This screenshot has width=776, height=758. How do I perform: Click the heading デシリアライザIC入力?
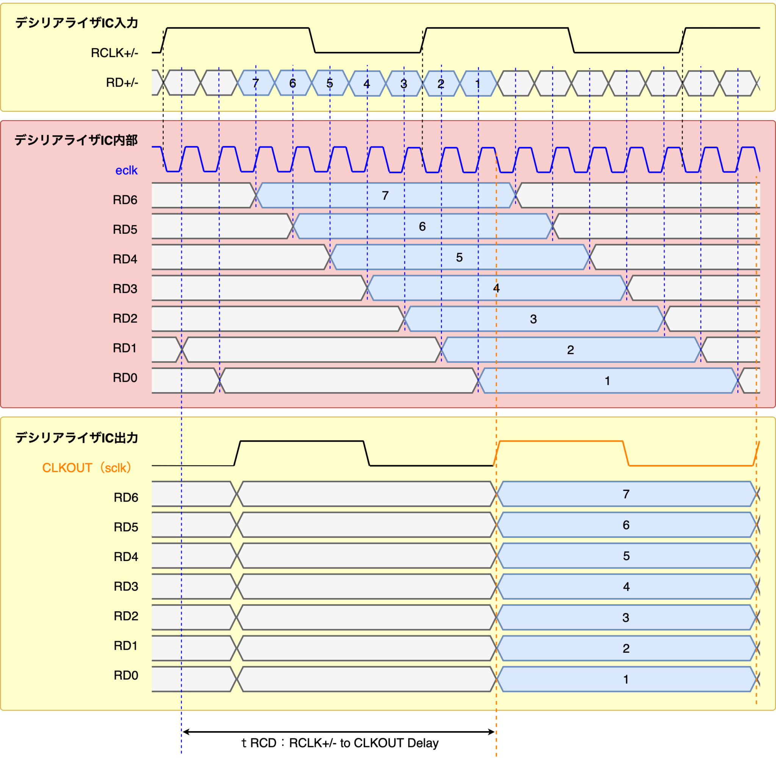pos(77,23)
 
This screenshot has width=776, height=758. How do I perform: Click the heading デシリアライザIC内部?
pos(76,140)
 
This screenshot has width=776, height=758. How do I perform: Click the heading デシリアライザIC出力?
pos(77,438)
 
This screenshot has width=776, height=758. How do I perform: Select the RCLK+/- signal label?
pos(114,53)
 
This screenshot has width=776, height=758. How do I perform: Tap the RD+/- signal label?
pos(122,83)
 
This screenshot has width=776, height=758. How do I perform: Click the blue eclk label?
pos(126,170)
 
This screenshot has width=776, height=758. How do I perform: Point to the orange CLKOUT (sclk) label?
pos(87,467)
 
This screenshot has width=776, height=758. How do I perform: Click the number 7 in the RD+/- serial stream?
pos(256,83)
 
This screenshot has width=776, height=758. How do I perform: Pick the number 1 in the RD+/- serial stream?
pos(478,84)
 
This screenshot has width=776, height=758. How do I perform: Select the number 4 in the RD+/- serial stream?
pos(367,84)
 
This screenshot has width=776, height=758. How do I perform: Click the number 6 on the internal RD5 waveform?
pos(422,227)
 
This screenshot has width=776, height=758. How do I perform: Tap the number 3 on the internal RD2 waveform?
pos(533,319)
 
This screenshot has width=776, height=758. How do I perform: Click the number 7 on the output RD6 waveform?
pos(626,494)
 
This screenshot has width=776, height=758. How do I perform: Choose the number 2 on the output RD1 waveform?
pos(626,648)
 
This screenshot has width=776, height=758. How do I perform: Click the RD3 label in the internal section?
pos(125,289)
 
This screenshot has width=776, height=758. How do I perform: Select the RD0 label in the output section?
pos(126,675)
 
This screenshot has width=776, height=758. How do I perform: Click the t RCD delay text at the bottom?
pos(340,743)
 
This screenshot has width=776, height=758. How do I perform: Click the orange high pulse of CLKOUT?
pos(561,441)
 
